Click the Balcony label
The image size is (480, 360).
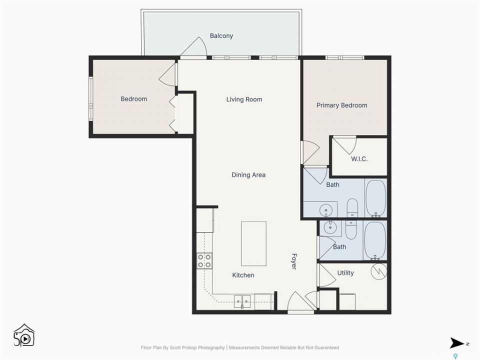[x=221, y=36]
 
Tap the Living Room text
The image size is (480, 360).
[x=244, y=99]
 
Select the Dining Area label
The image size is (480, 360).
[x=248, y=175]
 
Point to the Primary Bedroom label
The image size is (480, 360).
[x=341, y=105]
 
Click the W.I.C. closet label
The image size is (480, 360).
[x=359, y=159]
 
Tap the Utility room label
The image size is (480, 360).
[x=345, y=273]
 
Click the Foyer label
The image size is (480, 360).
[x=294, y=261]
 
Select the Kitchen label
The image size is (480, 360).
[x=243, y=275]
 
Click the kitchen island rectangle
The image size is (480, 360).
[x=254, y=243]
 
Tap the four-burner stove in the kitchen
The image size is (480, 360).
[x=204, y=261]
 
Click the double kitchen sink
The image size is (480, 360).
[x=242, y=301]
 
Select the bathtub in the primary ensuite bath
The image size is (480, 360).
[x=376, y=198]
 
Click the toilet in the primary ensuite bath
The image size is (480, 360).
[x=352, y=208]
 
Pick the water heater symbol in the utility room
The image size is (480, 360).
[x=378, y=271]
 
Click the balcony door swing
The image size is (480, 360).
[x=194, y=47]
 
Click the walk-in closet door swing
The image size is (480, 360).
[x=345, y=145]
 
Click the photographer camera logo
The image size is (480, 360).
[x=24, y=335]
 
